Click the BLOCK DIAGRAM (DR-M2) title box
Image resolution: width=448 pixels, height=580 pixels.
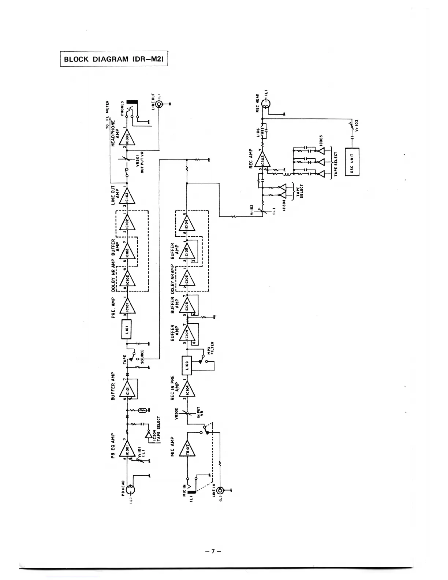tap(113, 59)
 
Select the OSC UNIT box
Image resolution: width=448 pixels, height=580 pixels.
tap(352, 162)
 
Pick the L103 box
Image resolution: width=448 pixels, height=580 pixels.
tap(186, 365)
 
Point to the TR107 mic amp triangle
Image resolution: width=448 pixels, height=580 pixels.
tap(187, 448)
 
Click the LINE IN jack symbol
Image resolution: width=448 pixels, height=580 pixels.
tap(220, 491)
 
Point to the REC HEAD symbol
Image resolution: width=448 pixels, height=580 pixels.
tap(266, 104)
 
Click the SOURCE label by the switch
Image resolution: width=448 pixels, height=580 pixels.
tap(142, 355)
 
